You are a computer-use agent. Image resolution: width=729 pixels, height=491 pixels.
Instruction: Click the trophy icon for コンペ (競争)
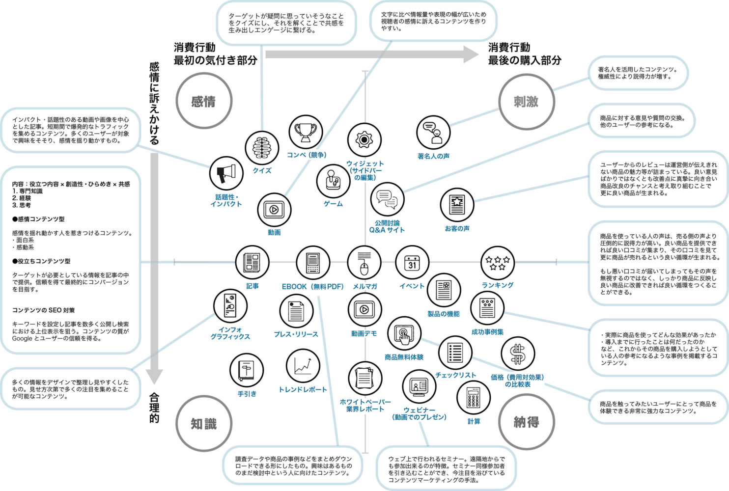point(306,132)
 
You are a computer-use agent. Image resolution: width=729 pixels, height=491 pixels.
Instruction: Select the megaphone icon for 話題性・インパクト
point(226,173)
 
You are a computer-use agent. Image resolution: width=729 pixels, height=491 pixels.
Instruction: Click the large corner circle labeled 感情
point(203,102)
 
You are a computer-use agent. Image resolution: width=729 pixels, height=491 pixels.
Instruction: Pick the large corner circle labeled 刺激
point(526,102)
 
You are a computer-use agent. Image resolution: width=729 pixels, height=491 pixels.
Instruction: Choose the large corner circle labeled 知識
point(203,423)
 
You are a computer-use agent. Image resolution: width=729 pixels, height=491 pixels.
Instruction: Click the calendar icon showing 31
point(412,263)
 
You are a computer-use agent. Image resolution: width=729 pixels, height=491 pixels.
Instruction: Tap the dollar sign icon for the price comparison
point(518,354)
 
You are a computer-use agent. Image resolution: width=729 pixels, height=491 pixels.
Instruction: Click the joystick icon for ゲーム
point(333,180)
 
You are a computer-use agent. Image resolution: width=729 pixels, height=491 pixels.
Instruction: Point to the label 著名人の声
point(433,156)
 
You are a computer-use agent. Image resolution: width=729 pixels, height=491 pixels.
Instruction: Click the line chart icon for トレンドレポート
point(303,366)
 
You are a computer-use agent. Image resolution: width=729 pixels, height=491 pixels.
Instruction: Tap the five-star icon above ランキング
point(498,263)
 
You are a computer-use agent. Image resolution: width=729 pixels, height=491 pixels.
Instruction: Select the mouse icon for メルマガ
point(364,263)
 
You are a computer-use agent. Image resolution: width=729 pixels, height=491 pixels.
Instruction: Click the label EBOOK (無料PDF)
point(312,286)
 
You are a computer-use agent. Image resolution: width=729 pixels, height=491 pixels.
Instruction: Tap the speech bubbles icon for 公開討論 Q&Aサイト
point(387,199)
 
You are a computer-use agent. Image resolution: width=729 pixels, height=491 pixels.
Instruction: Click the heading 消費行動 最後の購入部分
point(524,54)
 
